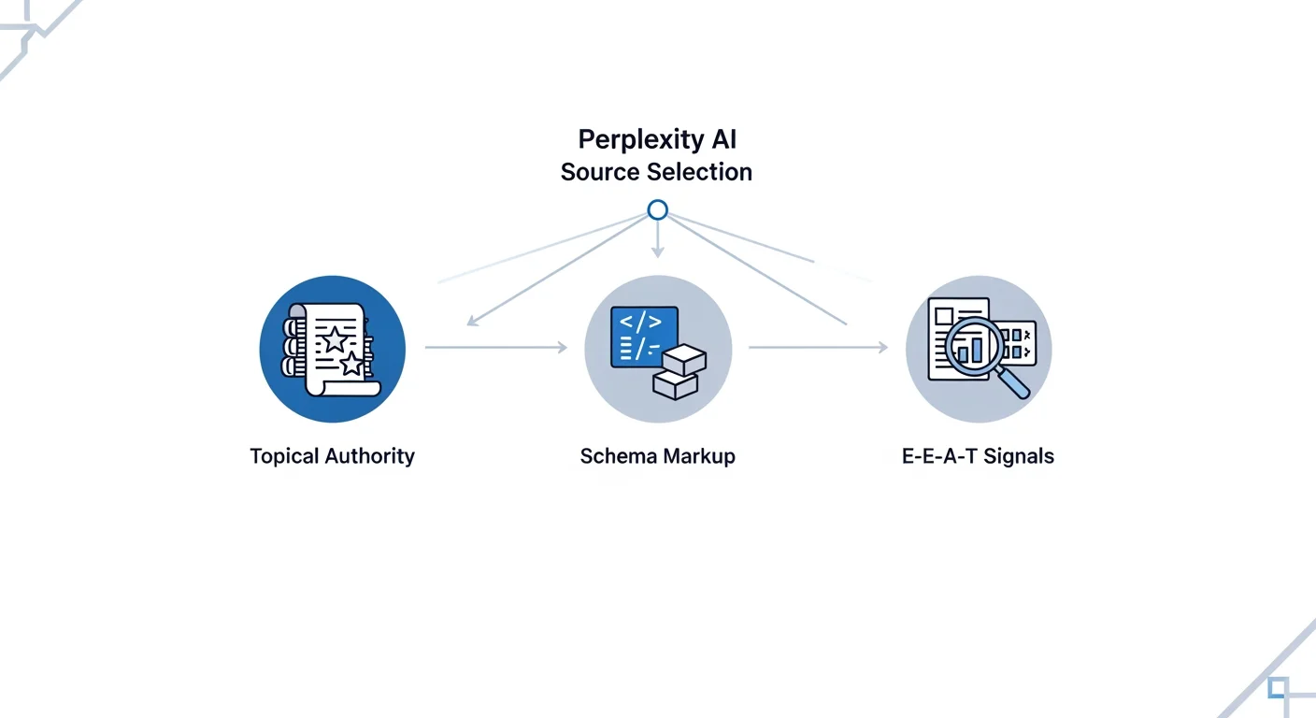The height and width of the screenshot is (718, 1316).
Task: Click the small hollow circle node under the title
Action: (657, 210)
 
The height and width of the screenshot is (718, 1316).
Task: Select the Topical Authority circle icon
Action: (333, 349)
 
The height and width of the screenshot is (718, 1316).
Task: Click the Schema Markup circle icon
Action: (657, 349)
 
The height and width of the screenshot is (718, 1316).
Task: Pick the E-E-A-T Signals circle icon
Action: (979, 349)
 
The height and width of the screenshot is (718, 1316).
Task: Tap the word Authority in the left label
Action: (369, 457)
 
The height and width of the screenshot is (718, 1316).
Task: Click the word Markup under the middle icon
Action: (698, 457)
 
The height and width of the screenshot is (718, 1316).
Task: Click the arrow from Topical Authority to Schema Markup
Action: (495, 348)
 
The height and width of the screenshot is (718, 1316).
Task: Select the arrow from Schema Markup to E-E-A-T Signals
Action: (818, 348)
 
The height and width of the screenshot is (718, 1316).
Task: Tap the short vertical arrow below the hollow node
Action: (657, 240)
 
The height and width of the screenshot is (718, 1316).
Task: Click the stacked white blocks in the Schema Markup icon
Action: (679, 371)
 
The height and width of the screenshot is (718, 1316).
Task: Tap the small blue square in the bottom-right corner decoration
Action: (1278, 688)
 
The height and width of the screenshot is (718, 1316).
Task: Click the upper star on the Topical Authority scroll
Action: (335, 338)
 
